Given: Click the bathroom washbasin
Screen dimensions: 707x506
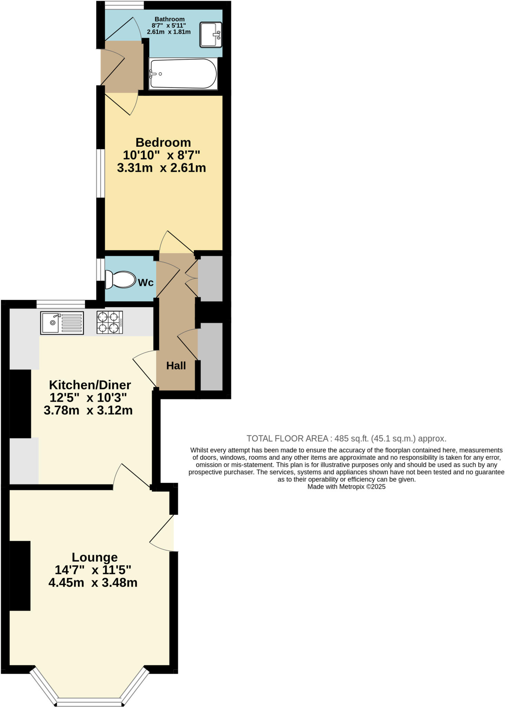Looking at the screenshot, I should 211,35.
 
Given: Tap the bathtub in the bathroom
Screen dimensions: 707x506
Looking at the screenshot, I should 183,74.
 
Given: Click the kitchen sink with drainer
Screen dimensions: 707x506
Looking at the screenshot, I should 62,323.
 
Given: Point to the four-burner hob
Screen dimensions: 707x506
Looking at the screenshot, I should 110,322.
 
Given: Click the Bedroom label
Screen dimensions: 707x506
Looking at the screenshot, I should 163,142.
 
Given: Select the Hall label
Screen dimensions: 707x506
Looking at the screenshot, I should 176,366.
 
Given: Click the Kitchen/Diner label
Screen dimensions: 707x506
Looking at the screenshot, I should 90,385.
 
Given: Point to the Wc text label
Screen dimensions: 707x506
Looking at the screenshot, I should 146,282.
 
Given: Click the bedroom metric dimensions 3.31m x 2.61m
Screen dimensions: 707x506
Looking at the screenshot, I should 161,168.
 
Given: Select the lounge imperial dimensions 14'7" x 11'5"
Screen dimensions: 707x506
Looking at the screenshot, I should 93,570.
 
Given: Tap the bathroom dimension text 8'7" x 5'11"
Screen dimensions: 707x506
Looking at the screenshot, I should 169,26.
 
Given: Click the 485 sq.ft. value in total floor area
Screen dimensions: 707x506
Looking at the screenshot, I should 351,439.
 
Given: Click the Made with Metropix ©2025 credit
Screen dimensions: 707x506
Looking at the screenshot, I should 346,487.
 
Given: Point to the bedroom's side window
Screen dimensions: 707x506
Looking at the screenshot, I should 100,173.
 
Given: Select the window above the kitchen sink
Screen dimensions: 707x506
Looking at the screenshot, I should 61,304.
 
